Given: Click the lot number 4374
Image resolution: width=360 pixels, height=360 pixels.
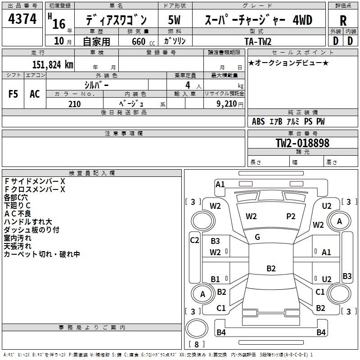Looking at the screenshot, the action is pyautogui.click(x=22, y=19).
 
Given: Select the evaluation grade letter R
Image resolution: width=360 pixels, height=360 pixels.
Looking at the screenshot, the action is pyautogui.click(x=343, y=21).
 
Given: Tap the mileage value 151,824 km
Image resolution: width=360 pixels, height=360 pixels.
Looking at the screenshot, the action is pyautogui.click(x=53, y=64).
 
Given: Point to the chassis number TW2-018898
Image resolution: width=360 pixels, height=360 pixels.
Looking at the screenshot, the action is pyautogui.click(x=302, y=143).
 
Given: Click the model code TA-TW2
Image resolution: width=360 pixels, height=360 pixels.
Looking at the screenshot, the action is pyautogui.click(x=258, y=41).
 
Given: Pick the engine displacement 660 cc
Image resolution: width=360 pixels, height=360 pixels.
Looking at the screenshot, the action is pyautogui.click(x=143, y=41).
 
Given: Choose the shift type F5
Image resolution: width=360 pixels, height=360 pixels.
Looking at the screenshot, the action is pyautogui.click(x=13, y=94).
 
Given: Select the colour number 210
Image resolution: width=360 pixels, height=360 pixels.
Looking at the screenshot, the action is pyautogui.click(x=74, y=104).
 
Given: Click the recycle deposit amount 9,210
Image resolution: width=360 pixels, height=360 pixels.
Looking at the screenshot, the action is pyautogui.click(x=226, y=104).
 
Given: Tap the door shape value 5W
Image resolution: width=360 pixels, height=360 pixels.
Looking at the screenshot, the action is pyautogui.click(x=174, y=20).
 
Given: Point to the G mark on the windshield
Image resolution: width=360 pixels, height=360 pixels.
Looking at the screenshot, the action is pyautogui.click(x=257, y=237).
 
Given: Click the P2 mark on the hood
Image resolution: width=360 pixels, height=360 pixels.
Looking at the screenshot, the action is pyautogui.click(x=291, y=216).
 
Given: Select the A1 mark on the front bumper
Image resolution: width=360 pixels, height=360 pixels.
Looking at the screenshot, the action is pyautogui.click(x=220, y=184).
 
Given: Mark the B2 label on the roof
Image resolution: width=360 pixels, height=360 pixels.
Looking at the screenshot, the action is pyautogui.click(x=271, y=268).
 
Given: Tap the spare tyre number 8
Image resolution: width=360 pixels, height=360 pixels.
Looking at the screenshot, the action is pyautogui.click(x=197, y=344).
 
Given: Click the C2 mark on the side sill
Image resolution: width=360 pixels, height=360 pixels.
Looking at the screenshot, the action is pyautogui.click(x=194, y=240).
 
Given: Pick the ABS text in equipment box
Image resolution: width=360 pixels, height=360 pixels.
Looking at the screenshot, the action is pyautogui.click(x=258, y=121).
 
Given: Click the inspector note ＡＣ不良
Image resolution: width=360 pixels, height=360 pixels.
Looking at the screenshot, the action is pyautogui.click(x=18, y=214).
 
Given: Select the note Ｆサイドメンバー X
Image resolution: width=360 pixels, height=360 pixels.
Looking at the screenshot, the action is pyautogui.click(x=35, y=181).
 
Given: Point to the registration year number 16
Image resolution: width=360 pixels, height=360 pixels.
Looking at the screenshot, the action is pyautogui.click(x=59, y=24).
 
